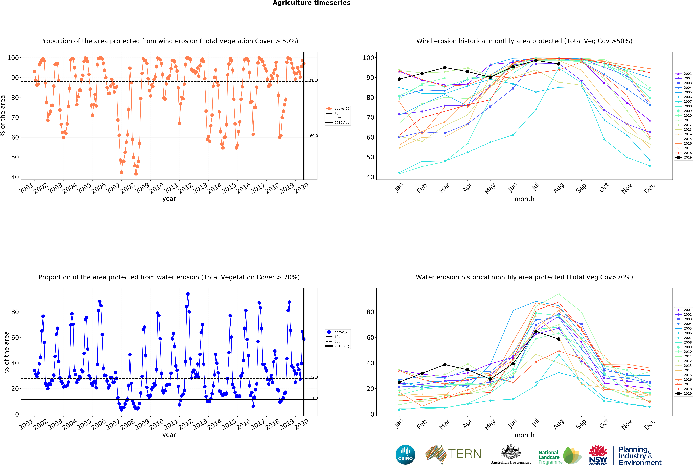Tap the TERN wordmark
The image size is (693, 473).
coord(465,454)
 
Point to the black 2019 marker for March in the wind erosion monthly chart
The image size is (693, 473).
coord(445,68)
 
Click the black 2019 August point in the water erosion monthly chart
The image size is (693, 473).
coord(559,339)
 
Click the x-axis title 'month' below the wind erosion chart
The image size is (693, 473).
coord(524,199)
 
